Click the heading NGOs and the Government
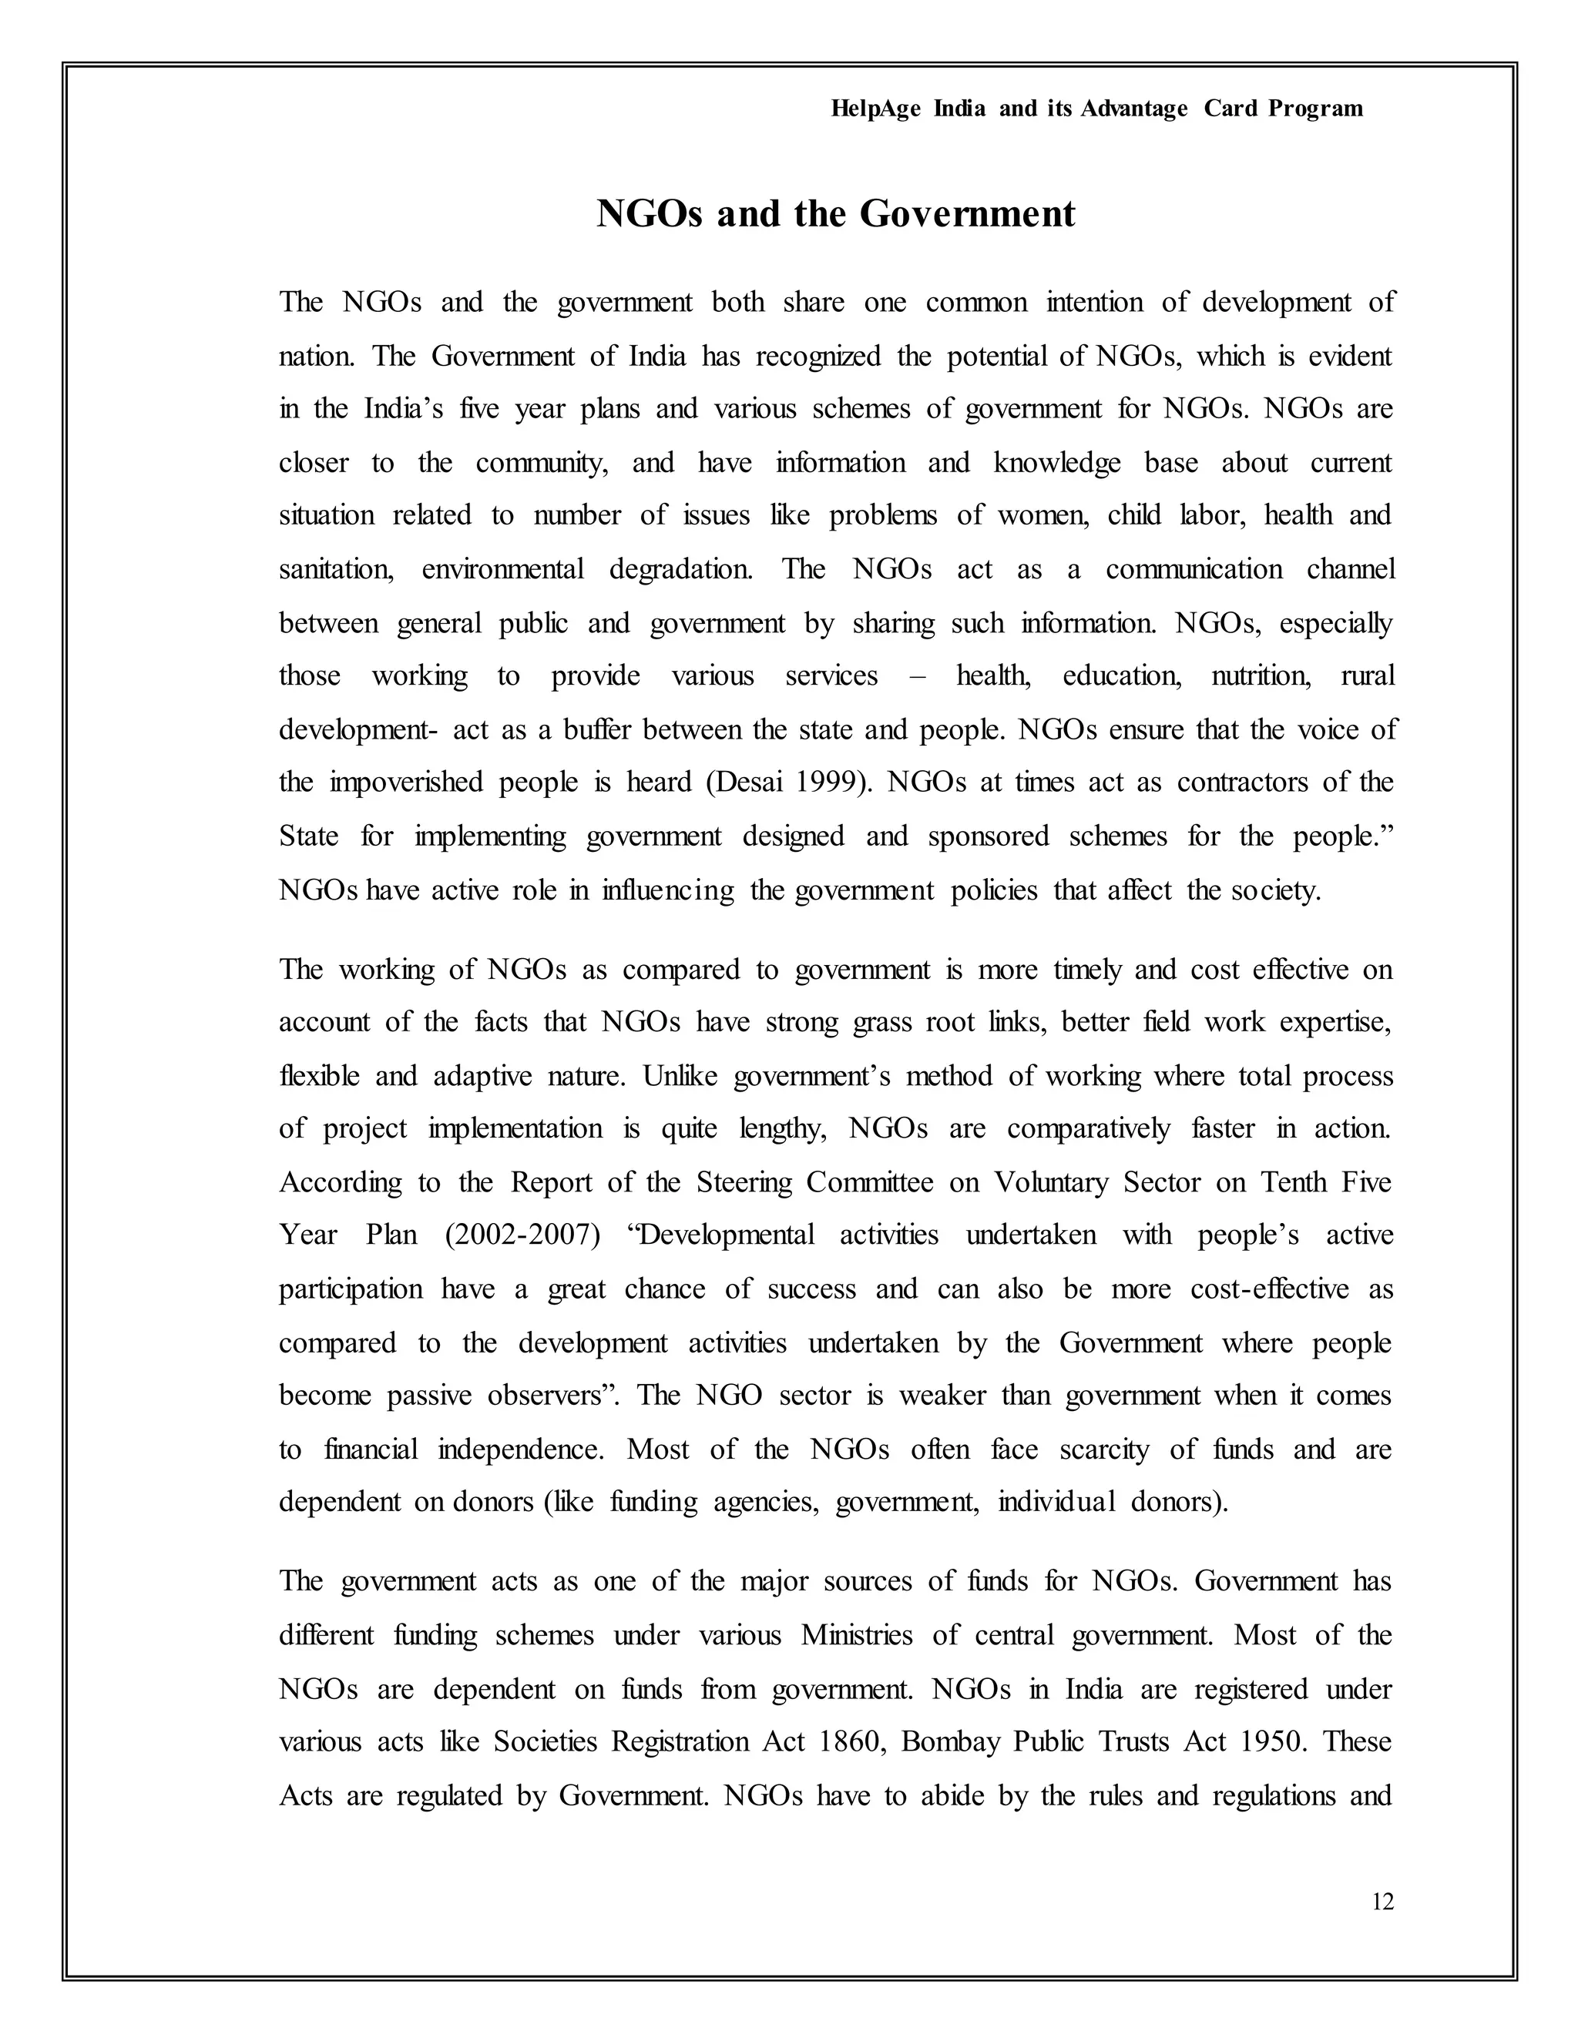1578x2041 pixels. pos(836,214)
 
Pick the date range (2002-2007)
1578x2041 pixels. pos(522,1235)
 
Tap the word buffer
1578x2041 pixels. pos(597,730)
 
